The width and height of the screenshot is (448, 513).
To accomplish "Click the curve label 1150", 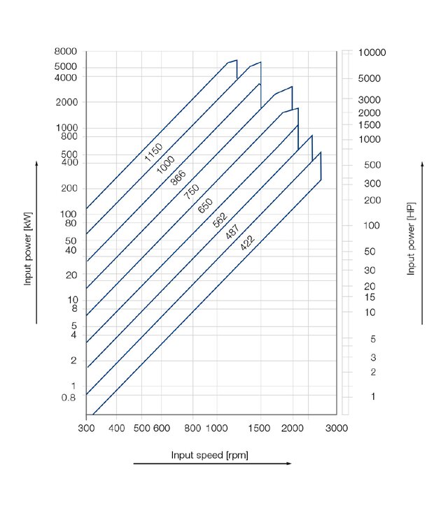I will [x=153, y=152].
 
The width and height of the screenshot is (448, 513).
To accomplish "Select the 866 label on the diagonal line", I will [x=179, y=175].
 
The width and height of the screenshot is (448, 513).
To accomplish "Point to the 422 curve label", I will [x=247, y=243].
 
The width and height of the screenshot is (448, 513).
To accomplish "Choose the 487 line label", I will [x=233, y=231].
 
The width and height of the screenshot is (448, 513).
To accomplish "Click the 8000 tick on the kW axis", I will [x=66, y=52].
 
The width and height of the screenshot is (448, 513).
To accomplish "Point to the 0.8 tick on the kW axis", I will [x=69, y=398].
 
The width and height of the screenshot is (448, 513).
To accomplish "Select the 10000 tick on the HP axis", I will [x=372, y=53].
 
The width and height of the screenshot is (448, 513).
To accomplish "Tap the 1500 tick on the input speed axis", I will [x=260, y=428].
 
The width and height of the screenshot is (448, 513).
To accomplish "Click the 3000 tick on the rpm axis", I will [x=337, y=428].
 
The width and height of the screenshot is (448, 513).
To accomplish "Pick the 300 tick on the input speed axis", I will [x=86, y=428].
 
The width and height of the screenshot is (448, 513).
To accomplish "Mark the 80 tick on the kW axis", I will [x=71, y=224].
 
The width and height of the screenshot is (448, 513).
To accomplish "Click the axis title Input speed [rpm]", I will [x=210, y=455].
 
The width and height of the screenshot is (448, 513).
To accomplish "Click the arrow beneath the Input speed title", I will [x=211, y=463].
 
